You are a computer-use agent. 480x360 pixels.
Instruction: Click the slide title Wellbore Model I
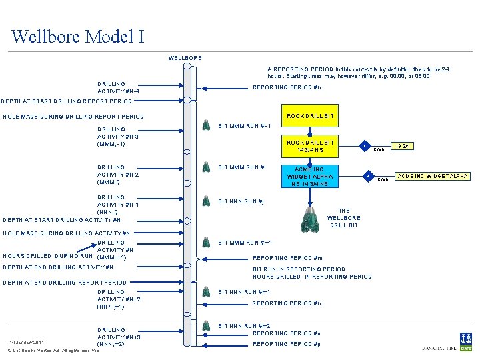(x=77, y=35)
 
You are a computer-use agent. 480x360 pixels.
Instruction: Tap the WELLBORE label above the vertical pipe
(x=185, y=58)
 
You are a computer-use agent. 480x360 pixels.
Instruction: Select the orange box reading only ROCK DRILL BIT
(x=309, y=116)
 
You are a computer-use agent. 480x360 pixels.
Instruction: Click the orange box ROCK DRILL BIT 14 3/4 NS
(x=309, y=147)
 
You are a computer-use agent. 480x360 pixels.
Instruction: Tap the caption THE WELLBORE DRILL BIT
(x=343, y=218)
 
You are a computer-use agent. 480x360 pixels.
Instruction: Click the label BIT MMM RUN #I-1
(x=245, y=126)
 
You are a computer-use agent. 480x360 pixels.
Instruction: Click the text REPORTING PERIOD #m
(x=287, y=258)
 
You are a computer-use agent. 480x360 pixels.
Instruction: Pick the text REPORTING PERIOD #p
(x=287, y=344)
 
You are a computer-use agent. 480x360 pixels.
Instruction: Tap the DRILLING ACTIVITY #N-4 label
(x=118, y=87)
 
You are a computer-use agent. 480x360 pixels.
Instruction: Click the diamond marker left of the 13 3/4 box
(x=364, y=145)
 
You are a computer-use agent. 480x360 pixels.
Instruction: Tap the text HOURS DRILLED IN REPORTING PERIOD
(x=312, y=277)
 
